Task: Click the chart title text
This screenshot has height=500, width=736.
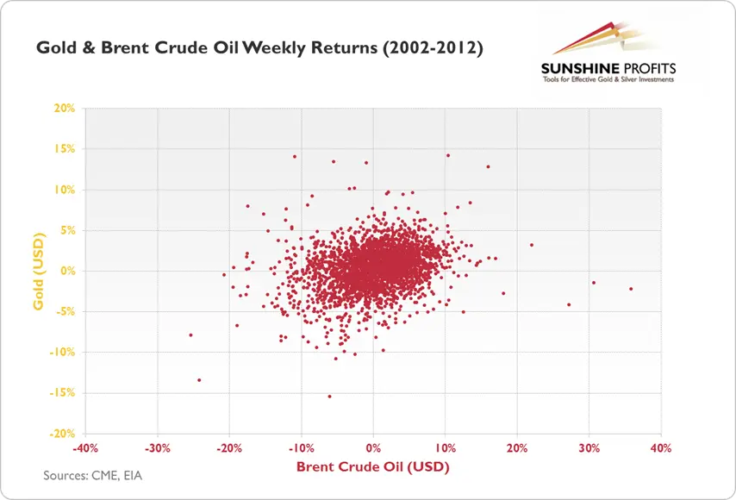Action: [259, 48]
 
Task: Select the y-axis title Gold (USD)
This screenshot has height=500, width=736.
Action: [39, 272]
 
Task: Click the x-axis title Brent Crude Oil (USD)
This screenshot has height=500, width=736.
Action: [372, 466]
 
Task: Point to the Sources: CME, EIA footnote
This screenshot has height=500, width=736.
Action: [92, 476]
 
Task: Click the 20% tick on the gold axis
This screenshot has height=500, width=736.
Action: [65, 108]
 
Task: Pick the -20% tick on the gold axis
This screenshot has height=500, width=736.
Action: [62, 434]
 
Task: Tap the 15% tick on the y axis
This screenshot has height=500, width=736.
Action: [65, 149]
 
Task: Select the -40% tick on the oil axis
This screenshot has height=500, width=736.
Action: [85, 448]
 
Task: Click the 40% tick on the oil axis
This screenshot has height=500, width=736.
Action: [661, 448]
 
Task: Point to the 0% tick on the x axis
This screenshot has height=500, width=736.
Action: [373, 448]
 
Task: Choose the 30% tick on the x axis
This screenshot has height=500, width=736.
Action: [589, 448]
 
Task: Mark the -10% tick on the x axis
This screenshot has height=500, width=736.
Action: [301, 448]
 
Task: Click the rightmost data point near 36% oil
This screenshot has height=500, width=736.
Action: [631, 289]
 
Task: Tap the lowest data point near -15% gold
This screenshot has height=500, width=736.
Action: [329, 397]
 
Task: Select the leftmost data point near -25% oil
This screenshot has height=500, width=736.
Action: [190, 334]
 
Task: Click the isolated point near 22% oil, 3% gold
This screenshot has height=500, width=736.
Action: [532, 245]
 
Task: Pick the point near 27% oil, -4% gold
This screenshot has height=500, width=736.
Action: [569, 304]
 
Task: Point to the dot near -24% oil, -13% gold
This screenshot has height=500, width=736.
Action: [199, 380]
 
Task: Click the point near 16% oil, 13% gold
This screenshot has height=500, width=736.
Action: [488, 166]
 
